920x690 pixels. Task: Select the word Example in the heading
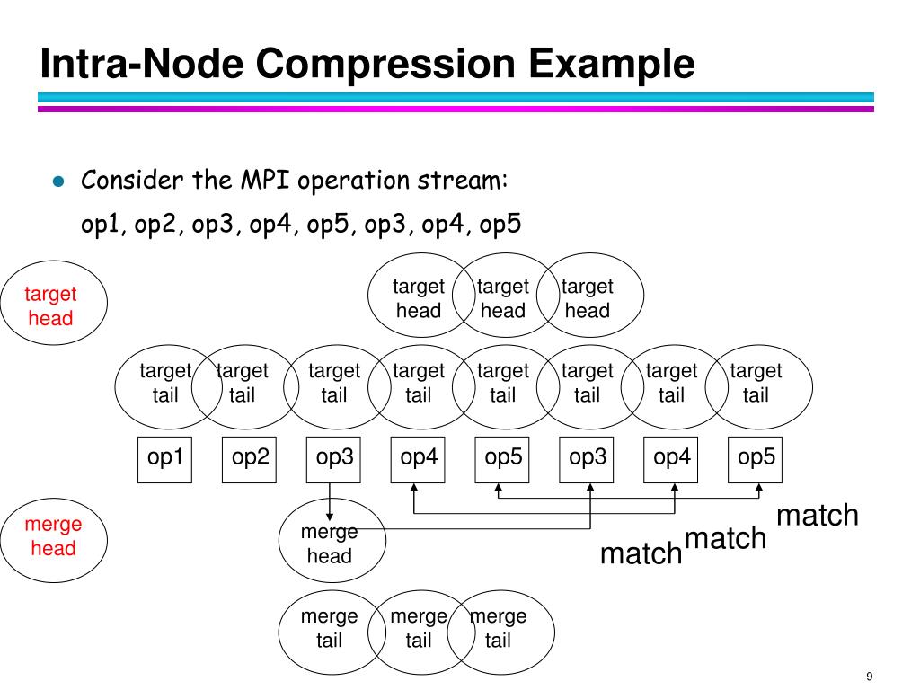coord(611,65)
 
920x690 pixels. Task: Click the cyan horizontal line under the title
coord(456,97)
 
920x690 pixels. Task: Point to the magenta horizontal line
coord(456,109)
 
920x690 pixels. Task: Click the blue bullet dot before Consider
coord(58,181)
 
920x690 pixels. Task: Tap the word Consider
coord(132,180)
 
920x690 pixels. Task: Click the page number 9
coord(869,677)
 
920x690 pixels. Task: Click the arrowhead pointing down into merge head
coord(330,517)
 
